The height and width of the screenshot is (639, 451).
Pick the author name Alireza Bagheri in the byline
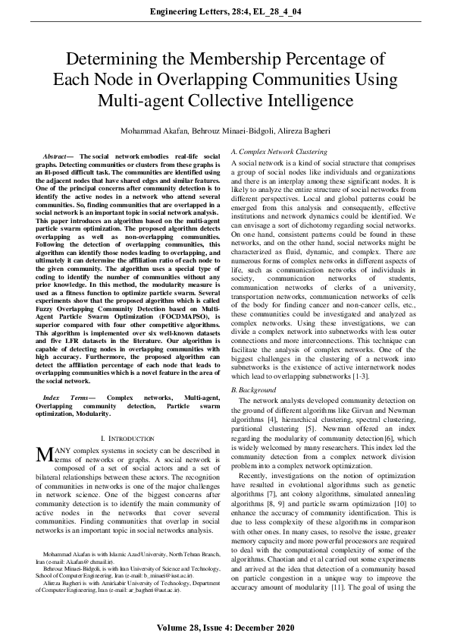301,131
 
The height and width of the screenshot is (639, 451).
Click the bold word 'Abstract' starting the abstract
58,156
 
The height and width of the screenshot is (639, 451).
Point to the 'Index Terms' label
63,397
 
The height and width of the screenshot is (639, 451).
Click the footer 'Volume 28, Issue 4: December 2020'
225,629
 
